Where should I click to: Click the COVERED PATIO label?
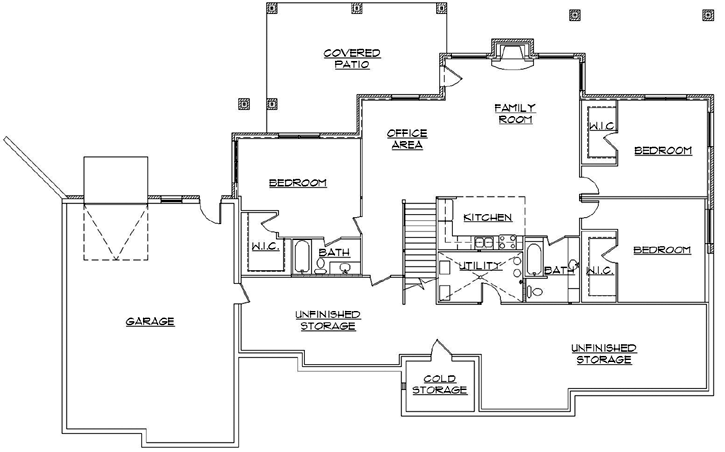(346, 58)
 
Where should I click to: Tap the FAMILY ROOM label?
(516, 113)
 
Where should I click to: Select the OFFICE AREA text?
(407, 139)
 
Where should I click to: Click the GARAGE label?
(150, 322)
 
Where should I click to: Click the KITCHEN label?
(488, 218)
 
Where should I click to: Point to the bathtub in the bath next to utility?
(534, 260)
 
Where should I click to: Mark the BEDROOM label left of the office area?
(298, 183)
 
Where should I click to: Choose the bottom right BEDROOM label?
(662, 249)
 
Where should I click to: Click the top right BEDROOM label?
(662, 151)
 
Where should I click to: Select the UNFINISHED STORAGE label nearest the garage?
(328, 320)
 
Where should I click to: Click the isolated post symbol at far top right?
(574, 15)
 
